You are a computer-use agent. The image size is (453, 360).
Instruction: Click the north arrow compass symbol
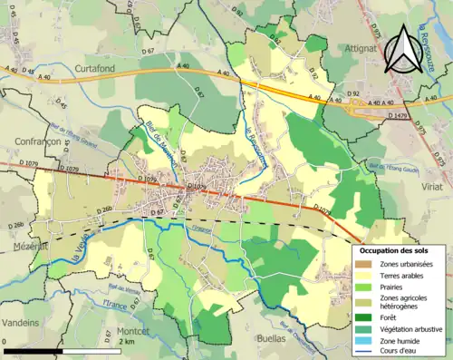[402, 52]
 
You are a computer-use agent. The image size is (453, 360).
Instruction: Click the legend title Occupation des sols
[398, 249]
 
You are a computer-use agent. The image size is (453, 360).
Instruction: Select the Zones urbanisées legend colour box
[364, 263]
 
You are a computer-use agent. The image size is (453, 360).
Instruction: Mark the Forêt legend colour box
[364, 316]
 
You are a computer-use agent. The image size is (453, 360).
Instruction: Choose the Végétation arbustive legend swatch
[364, 328]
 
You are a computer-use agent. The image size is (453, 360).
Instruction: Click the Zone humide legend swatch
[364, 340]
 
